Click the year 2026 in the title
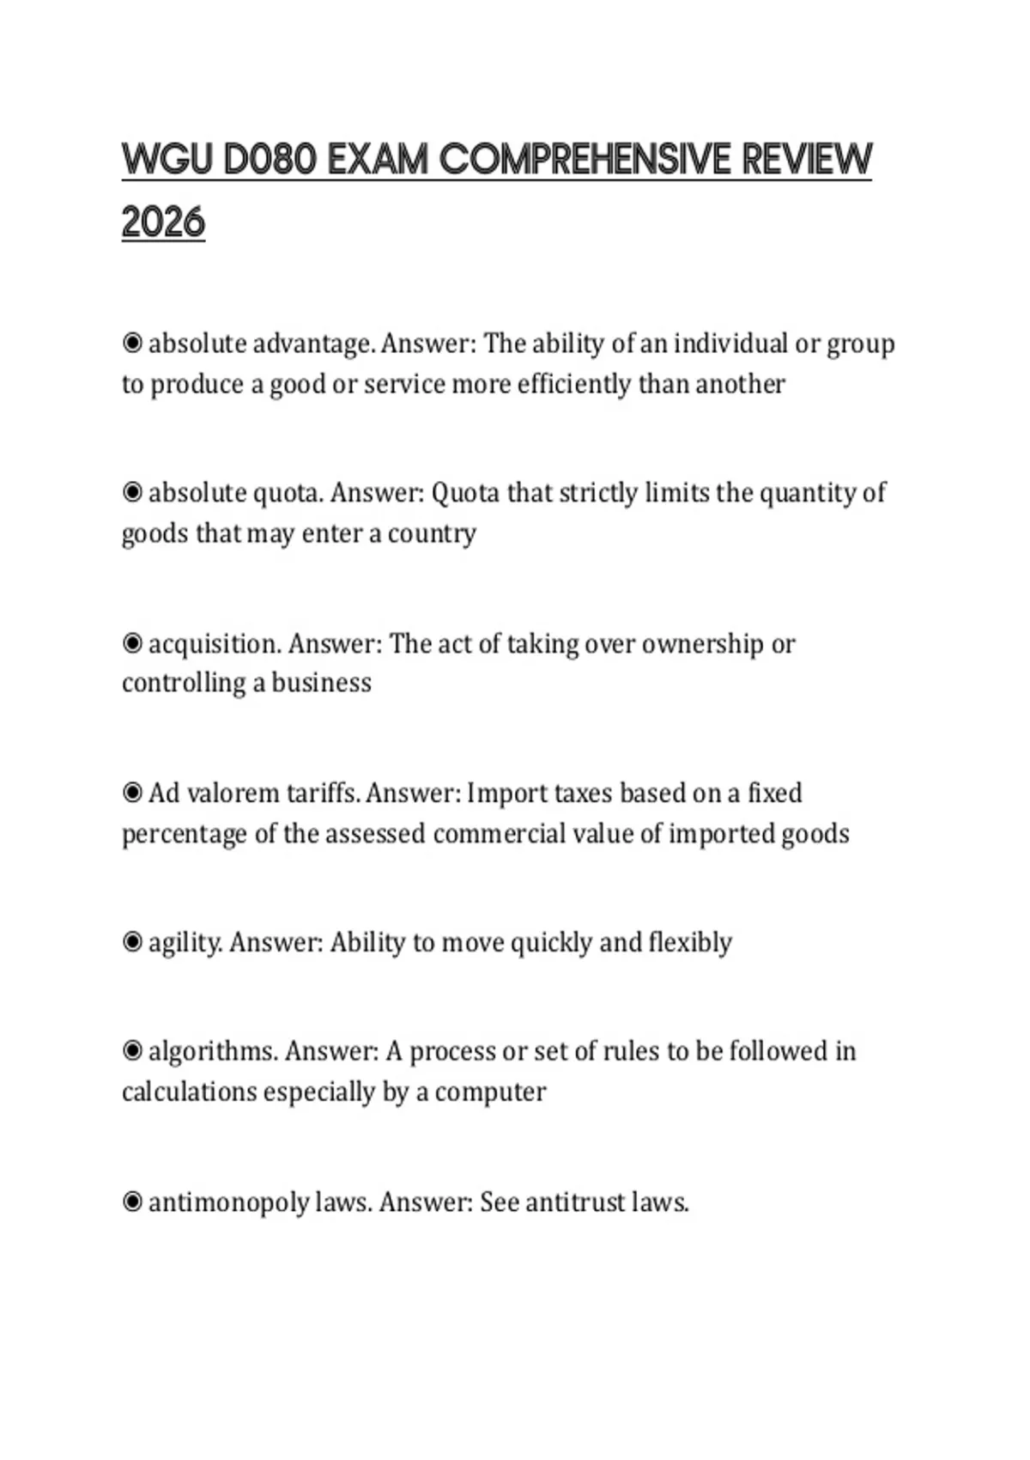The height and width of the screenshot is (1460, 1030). coord(163,222)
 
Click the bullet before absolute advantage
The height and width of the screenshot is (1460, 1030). coord(132,344)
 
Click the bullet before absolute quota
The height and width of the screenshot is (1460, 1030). coord(132,493)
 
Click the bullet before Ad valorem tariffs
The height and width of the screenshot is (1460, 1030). coord(132,793)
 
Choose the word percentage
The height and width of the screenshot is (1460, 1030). coord(184,834)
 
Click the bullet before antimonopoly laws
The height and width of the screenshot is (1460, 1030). coord(132,1201)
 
